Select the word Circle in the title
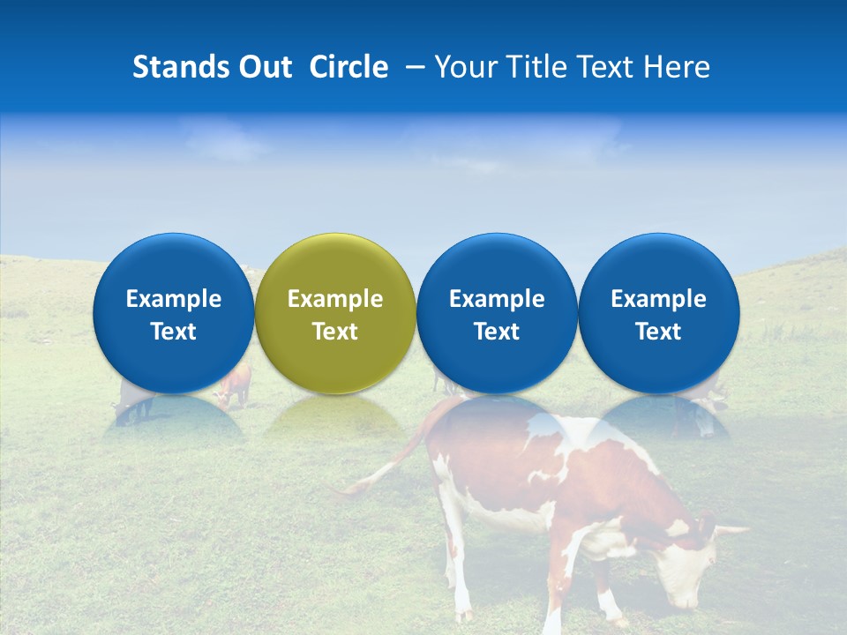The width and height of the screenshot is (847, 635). [349, 67]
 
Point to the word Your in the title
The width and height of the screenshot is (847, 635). [461, 67]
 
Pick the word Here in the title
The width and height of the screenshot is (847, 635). [677, 67]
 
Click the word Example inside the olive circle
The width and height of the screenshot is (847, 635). [335, 299]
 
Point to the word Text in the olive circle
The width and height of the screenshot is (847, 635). [335, 332]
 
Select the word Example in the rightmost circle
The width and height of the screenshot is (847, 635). [659, 299]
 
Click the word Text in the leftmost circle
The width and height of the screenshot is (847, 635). [174, 332]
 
